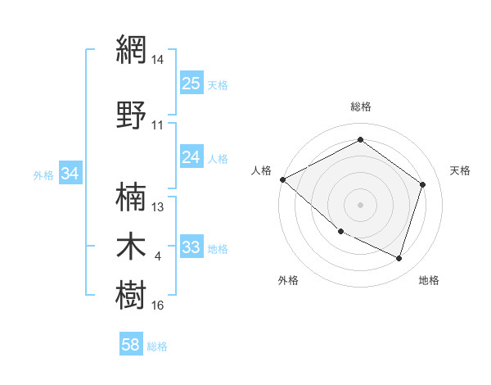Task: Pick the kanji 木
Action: [131, 247]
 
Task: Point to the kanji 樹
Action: [131, 295]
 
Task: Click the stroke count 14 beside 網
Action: [158, 60]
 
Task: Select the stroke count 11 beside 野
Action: [158, 125]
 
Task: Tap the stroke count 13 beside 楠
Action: [158, 207]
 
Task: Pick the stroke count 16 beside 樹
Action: [158, 306]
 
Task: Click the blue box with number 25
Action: [191, 83]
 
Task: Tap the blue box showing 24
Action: [191, 157]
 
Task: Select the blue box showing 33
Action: [191, 247]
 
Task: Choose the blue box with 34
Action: [70, 174]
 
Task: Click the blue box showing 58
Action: [131, 346]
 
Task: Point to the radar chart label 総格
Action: [361, 106]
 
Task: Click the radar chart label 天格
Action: [461, 170]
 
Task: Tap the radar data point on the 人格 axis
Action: [282, 179]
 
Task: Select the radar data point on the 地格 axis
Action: [399, 259]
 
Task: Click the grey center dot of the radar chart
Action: [361, 205]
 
